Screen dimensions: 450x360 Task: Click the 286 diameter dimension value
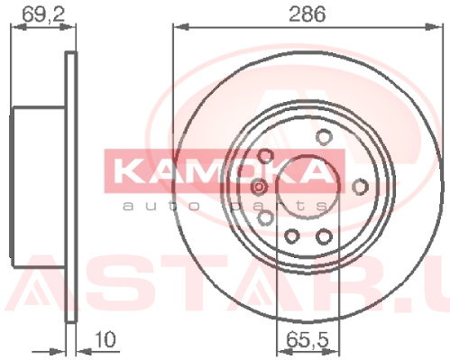coord(307,14)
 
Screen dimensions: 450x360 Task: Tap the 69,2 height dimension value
coord(43,14)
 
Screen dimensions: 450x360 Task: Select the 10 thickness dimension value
coord(106,339)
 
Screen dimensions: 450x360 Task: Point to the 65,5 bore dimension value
coord(308,339)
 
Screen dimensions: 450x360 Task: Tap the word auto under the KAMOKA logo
coord(161,207)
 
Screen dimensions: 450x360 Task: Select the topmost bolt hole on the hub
coord(324,137)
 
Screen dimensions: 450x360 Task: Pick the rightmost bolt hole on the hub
coord(360,187)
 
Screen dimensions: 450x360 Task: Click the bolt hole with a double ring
coord(259,187)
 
